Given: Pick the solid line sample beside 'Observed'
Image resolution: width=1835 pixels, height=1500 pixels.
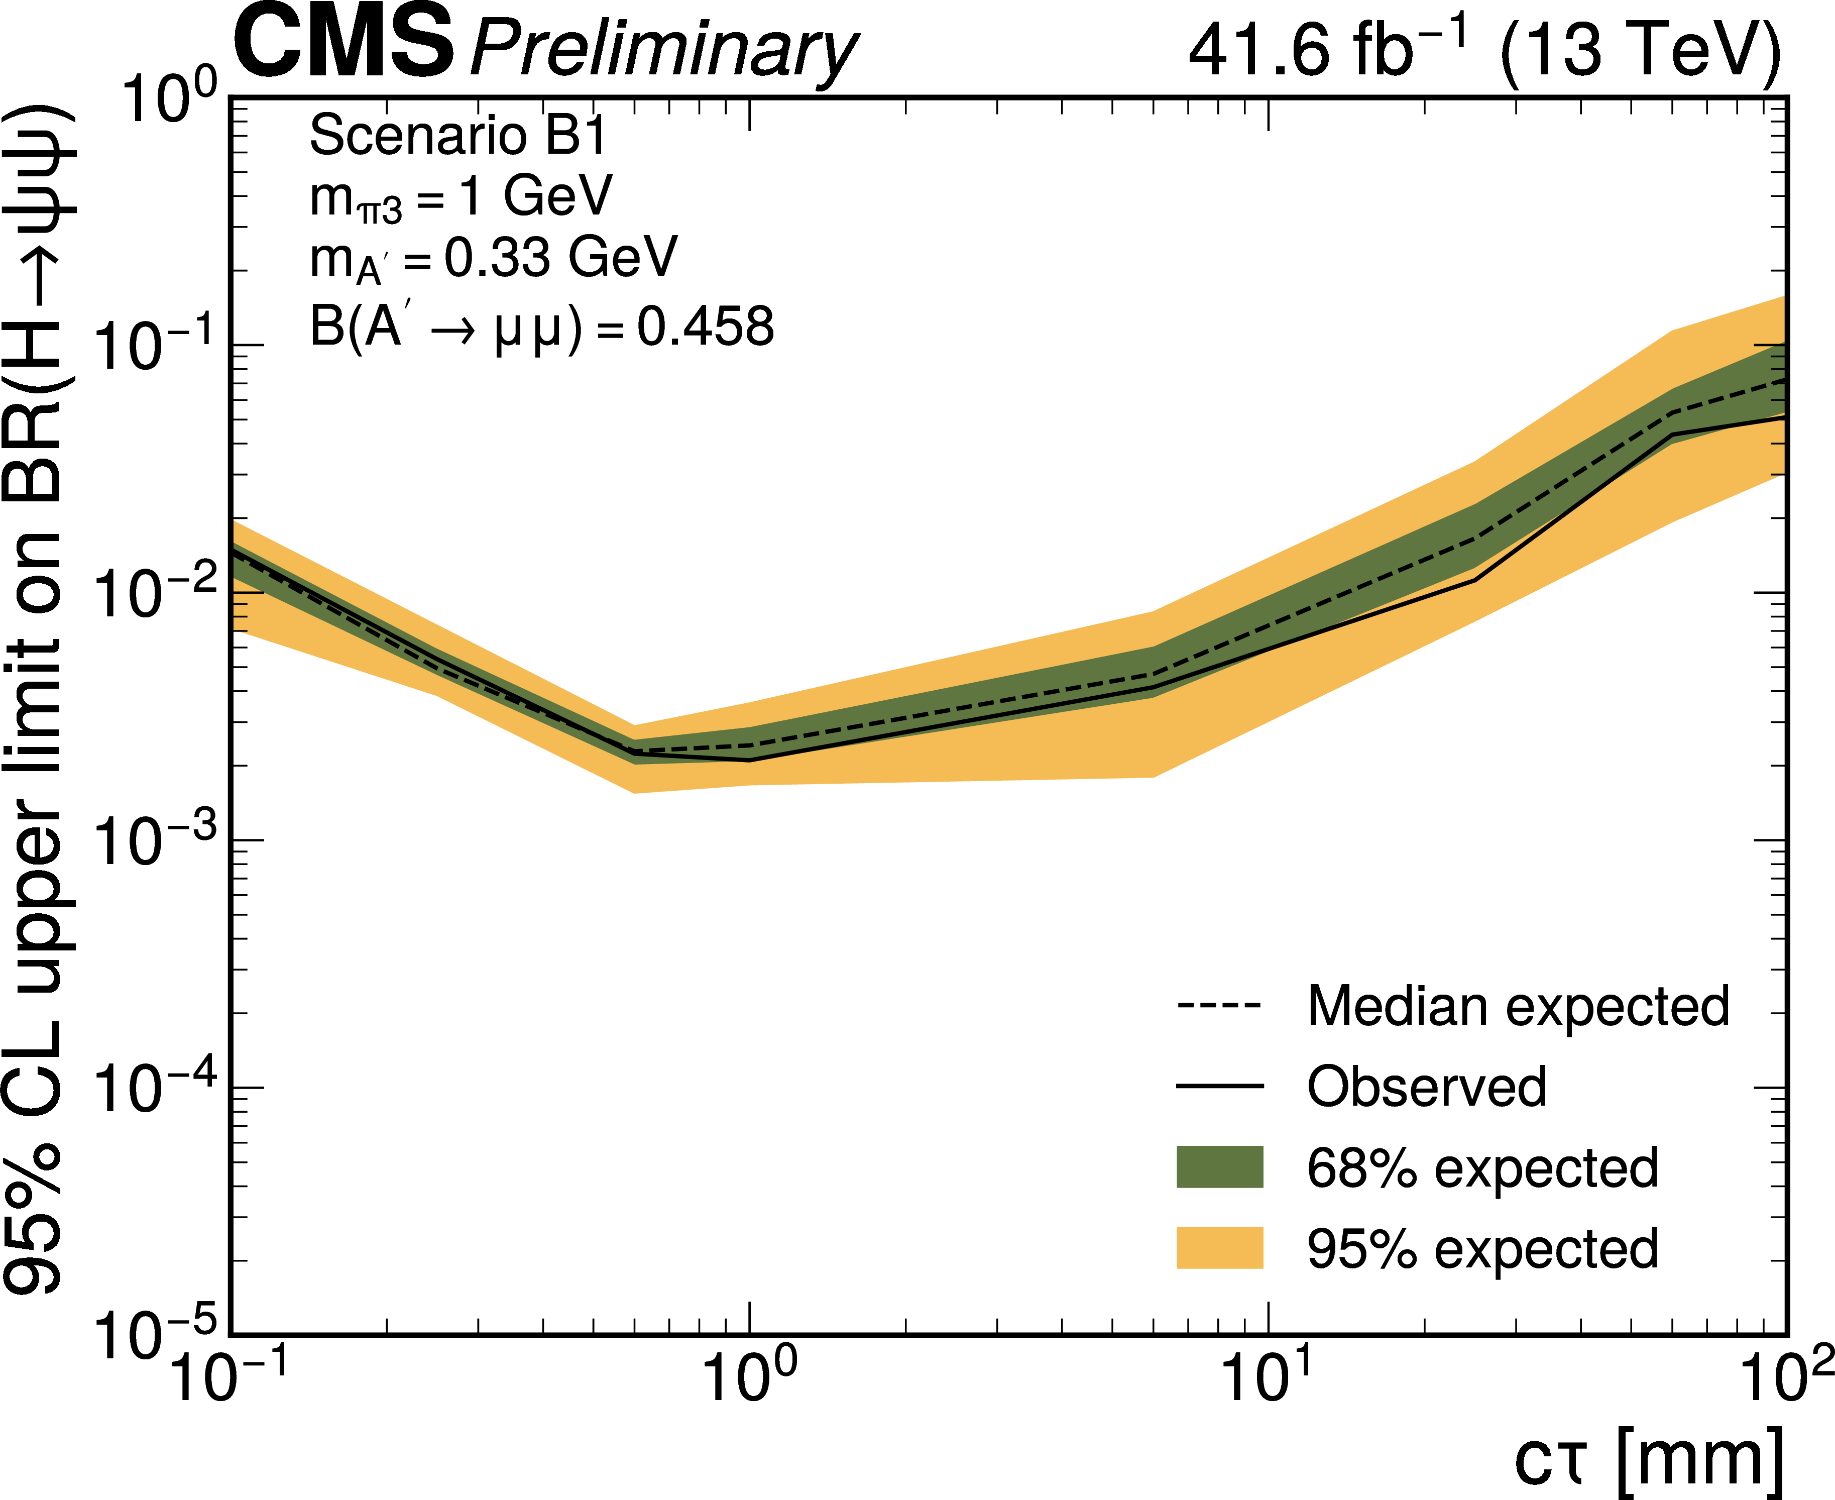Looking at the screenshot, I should pos(1219,1086).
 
